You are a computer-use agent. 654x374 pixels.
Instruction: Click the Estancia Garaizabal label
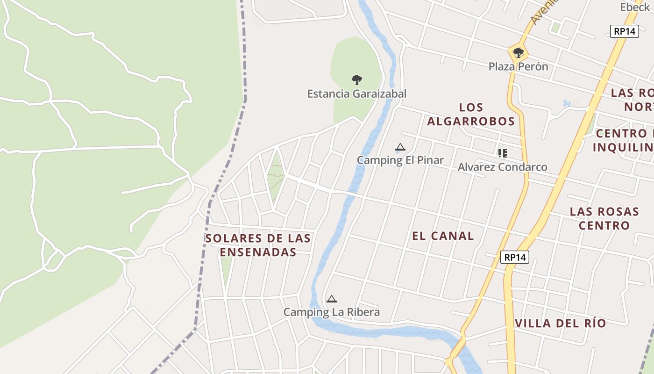tap(356, 93)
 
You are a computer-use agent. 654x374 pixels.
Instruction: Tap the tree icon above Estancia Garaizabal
tap(357, 79)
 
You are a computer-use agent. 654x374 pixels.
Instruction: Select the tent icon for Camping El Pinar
tap(400, 148)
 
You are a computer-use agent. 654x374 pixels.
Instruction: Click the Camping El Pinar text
tap(400, 160)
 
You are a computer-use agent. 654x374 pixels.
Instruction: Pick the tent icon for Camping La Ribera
tap(332, 299)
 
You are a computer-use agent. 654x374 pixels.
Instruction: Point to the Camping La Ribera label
tap(332, 312)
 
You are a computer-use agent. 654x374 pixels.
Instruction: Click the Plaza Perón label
tap(518, 66)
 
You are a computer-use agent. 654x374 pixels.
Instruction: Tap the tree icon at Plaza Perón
tap(518, 52)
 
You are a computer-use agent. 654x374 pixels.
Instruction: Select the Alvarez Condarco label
tap(502, 167)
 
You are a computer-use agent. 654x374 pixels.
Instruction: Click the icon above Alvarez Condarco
tap(503, 153)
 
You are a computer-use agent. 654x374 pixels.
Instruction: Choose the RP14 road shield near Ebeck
tap(625, 31)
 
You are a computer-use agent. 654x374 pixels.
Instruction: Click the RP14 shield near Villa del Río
tap(515, 257)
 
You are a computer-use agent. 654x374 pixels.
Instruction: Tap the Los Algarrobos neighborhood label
tap(471, 115)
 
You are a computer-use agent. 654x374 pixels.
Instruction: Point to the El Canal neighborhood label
tap(443, 236)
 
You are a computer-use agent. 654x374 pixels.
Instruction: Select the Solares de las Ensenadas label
tap(258, 245)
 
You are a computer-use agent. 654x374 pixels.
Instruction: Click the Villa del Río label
tap(560, 324)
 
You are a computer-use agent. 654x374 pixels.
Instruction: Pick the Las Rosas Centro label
tap(604, 218)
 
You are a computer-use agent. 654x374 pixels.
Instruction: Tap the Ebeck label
tap(635, 7)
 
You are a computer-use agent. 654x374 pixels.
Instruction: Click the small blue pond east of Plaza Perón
tap(567, 103)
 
